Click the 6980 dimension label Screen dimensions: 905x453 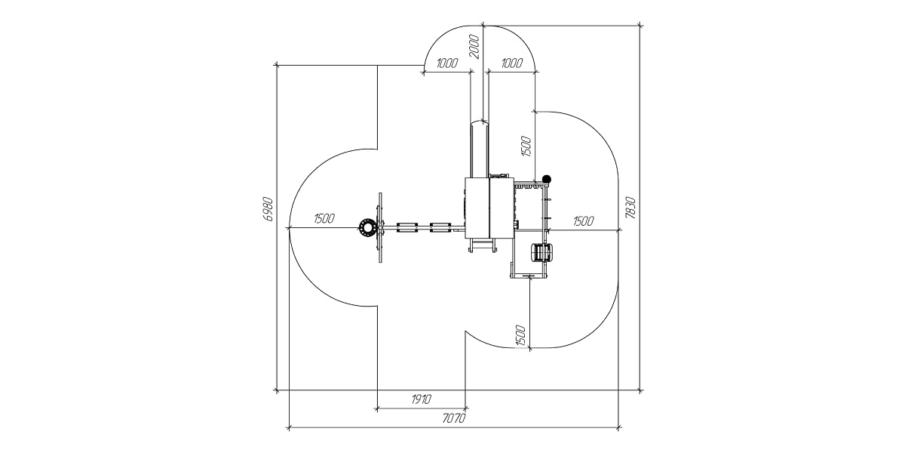pos(268,208)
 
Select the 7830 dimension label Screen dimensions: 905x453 pos(630,208)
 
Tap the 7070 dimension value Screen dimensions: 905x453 pos(454,418)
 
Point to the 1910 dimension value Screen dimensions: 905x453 pos(422,399)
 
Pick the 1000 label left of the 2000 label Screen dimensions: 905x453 pos(447,63)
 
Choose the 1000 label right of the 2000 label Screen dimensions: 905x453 pos(512,63)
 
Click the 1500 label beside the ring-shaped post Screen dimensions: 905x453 pos(324,218)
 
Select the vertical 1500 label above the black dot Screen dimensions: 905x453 pos(526,146)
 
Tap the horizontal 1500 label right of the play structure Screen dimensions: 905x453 pos(584,220)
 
